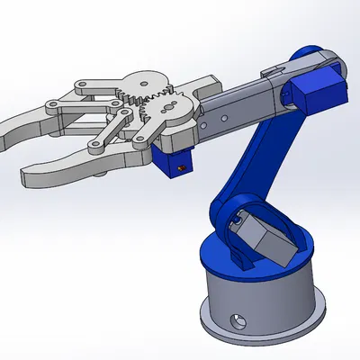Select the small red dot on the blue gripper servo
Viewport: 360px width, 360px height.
[185, 167]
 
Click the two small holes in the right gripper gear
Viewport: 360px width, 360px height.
[166, 105]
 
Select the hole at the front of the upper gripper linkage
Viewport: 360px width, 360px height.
[81, 87]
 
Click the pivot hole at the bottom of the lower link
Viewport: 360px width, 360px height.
[94, 146]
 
